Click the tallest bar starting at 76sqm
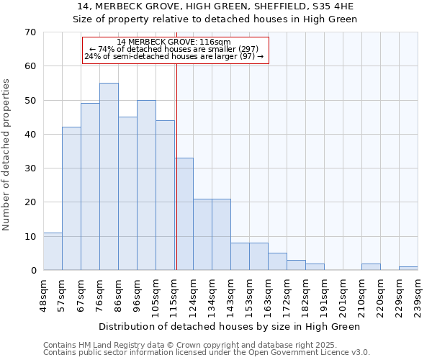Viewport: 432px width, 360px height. pos(109,176)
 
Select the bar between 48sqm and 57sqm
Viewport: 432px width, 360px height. pos(53,251)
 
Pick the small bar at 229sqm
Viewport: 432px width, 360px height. pos(408,268)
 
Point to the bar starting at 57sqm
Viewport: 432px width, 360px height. pos(71,199)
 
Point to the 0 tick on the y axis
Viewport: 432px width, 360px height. pos(32,271)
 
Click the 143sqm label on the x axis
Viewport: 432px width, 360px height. pos(230,294)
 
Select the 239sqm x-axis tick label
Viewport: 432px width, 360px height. pos(418,294)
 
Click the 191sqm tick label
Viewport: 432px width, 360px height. pos(324,294)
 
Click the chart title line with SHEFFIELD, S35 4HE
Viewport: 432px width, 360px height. pos(215,6)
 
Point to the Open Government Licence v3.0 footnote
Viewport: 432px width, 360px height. pos(207,352)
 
